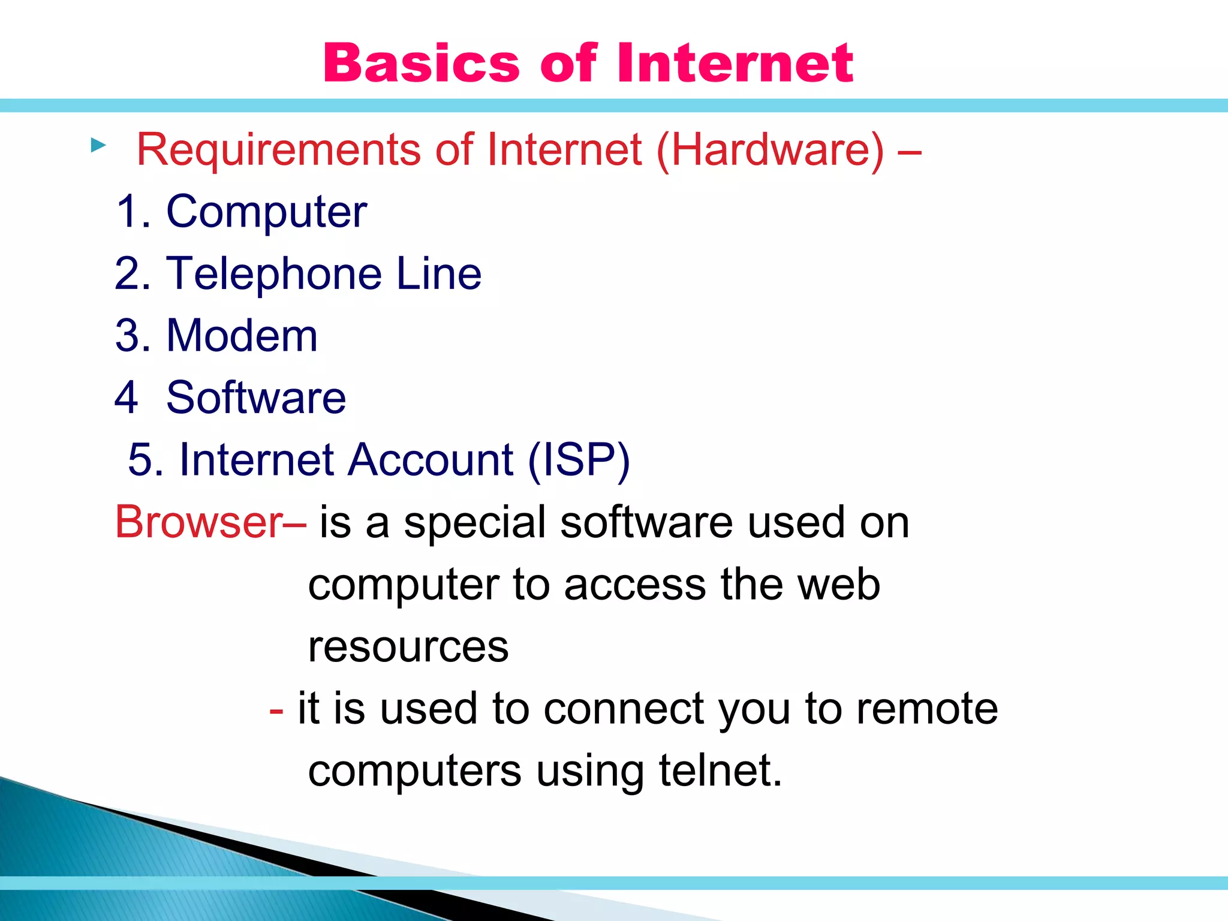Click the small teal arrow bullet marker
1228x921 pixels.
[98, 145]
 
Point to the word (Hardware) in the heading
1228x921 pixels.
[770, 150]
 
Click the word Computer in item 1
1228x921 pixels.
[266, 212]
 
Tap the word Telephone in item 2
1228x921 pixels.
[273, 274]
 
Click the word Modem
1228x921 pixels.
[242, 336]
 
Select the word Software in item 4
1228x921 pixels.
[256, 398]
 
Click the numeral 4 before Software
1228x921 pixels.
[126, 398]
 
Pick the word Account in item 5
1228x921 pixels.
[431, 460]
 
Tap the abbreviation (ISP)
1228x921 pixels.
[579, 460]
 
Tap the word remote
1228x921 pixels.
[927, 709]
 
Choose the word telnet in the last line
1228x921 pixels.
[720, 771]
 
